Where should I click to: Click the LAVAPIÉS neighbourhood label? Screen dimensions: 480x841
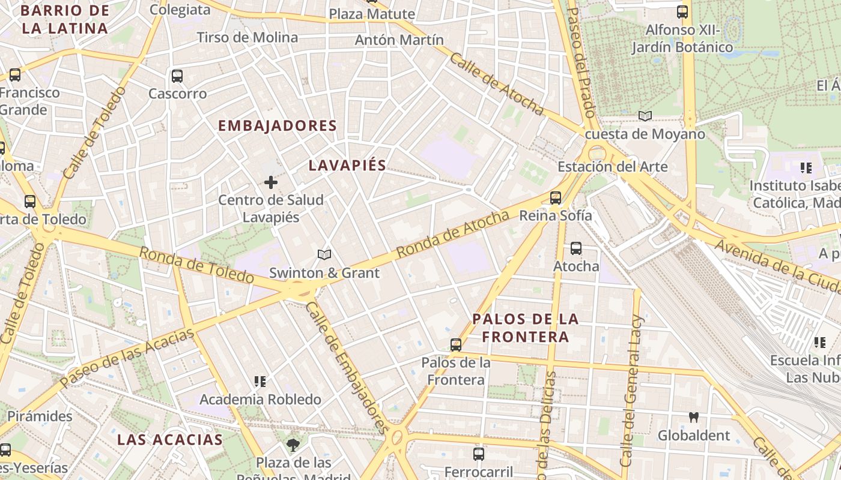pos(347,166)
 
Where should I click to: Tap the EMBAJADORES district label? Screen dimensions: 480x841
pos(277,126)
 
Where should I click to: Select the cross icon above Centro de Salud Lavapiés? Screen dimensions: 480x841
pos(271,182)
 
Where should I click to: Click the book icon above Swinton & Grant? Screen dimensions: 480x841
pos(324,255)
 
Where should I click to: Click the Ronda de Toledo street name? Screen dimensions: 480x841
pos(197,265)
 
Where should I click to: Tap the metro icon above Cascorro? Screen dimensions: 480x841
pos(177,76)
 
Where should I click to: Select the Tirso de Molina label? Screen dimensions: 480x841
pos(247,37)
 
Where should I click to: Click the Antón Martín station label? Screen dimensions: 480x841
pos(399,40)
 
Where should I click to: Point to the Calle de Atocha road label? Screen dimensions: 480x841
pos(496,83)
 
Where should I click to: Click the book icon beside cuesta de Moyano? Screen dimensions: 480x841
pos(645,116)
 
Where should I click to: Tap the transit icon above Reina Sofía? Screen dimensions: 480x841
pos(556,197)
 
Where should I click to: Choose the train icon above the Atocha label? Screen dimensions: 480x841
pos(576,248)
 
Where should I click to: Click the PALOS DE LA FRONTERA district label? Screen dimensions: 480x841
pos(526,328)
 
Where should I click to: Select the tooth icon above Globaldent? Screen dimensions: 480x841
pos(694,417)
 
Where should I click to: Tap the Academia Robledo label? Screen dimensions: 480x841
pos(260,399)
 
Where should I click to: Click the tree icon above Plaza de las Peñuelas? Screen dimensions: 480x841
pos(293,445)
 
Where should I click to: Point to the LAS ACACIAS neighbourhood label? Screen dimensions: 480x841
pos(170,439)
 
